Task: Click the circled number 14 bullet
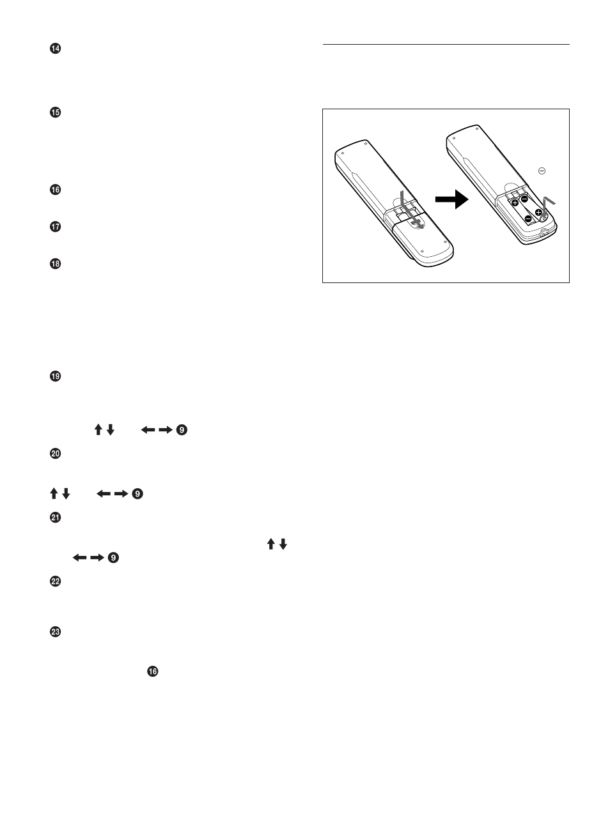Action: tap(55, 49)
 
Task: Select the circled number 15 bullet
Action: tap(55, 112)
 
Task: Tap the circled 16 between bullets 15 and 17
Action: tap(55, 190)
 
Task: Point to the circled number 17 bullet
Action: tap(55, 227)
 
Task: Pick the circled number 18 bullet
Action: tap(55, 264)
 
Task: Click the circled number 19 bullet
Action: tap(55, 376)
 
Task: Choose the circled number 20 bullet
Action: tap(55, 454)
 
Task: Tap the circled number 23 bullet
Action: tap(55, 632)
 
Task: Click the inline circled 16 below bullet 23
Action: tap(152, 672)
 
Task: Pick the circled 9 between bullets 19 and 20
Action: tap(182, 430)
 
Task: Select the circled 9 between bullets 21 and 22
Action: tap(113, 558)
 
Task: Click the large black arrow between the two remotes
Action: tap(451, 199)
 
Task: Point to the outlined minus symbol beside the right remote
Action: tap(542, 171)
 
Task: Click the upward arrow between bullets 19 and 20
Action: tap(98, 430)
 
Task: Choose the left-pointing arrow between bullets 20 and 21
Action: tap(104, 493)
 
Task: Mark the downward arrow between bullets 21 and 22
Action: tap(283, 544)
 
